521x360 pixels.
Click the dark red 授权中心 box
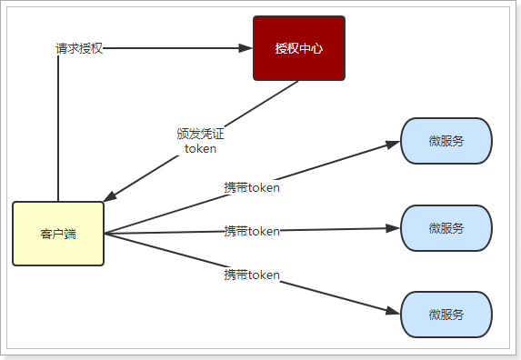coord(298,48)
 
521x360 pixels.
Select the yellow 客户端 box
coord(58,234)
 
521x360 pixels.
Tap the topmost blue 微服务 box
coord(446,141)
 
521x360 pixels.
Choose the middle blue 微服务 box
coord(446,228)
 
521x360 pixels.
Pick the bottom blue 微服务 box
coord(446,315)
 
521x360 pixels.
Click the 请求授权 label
coord(79,48)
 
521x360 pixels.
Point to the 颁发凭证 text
coord(200,134)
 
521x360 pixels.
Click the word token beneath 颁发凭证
coord(200,149)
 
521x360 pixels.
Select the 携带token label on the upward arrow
coord(252,188)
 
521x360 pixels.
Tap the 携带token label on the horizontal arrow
coord(252,231)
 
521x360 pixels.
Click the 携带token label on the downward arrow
coord(252,274)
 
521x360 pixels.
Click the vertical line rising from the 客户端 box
coord(58,136)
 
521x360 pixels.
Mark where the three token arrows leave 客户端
coord(105,234)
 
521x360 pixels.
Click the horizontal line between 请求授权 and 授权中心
coord(173,47)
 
